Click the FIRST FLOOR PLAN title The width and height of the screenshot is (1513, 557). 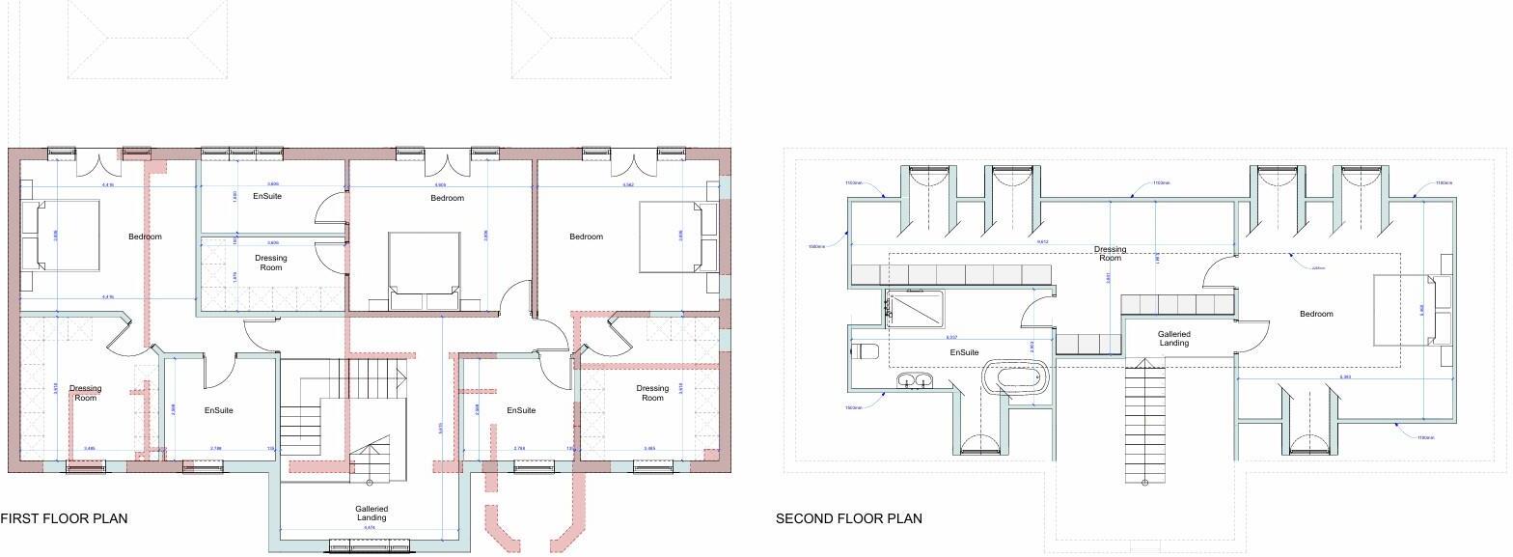(64, 519)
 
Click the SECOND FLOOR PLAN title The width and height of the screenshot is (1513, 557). (848, 519)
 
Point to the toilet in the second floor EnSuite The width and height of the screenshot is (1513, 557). (864, 350)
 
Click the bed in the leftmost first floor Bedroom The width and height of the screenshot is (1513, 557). (61, 236)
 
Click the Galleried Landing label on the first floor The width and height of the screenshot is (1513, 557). (371, 514)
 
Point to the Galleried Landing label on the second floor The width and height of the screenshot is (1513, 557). (1173, 339)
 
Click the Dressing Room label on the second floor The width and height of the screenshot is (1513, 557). (1110, 254)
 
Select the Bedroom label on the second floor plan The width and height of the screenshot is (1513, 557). (1315, 314)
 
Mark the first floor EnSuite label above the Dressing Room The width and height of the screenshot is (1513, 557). (267, 196)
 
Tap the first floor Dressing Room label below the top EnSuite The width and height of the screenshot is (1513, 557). (271, 263)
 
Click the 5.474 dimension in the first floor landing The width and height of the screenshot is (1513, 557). (370, 528)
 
